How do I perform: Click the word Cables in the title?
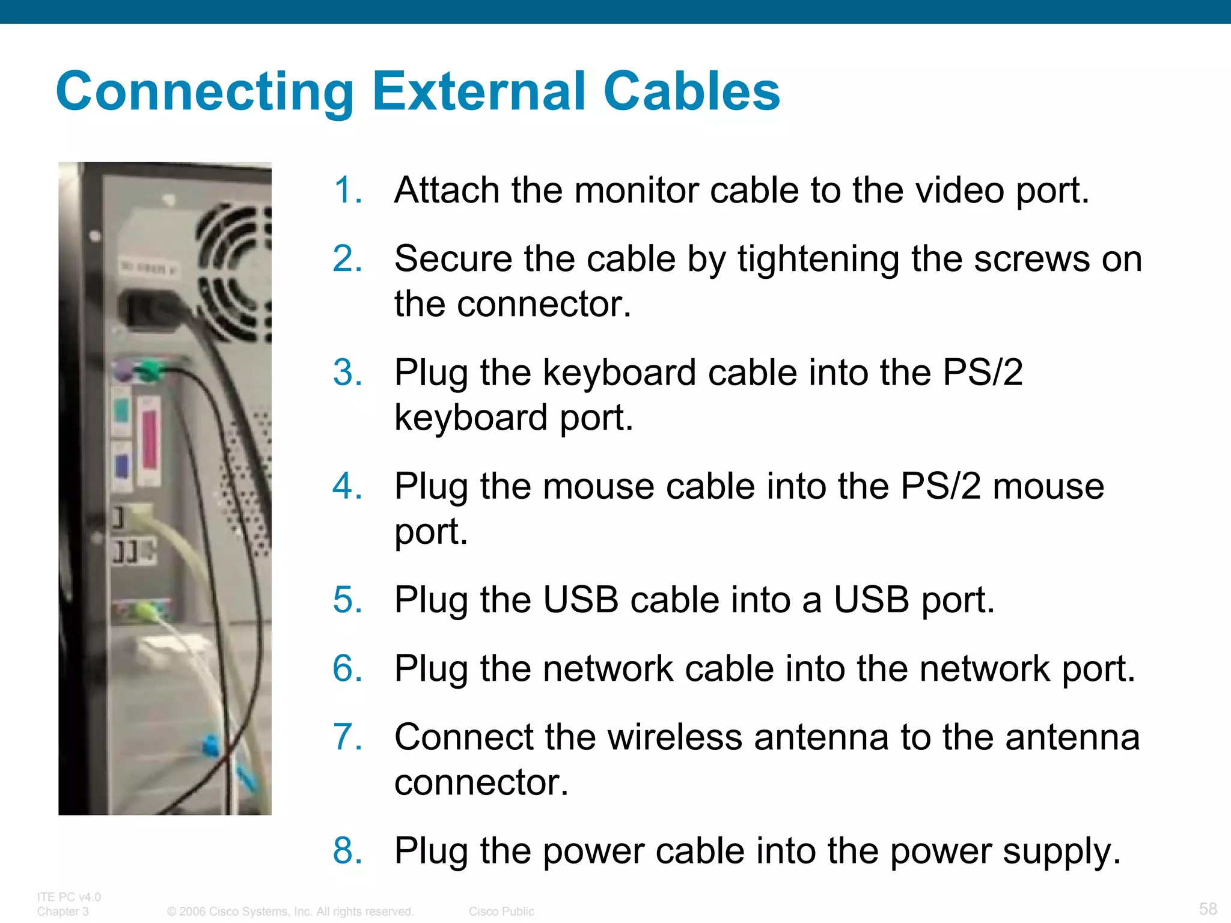691,91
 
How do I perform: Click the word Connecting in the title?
204,91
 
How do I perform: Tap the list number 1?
347,190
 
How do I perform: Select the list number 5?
347,600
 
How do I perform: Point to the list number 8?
347,851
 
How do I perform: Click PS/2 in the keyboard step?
982,373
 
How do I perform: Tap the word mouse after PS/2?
1048,486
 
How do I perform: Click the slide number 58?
1208,908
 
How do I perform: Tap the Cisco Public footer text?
501,912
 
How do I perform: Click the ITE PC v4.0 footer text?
69,897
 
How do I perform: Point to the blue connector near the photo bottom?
210,746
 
